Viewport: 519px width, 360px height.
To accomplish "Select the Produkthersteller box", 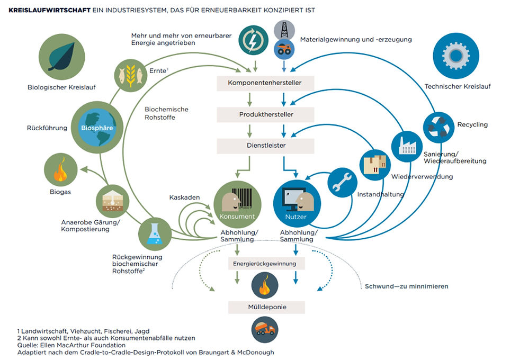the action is pos(265,115).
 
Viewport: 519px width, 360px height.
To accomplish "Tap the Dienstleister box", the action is pos(265,146).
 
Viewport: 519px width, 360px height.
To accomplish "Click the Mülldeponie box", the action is pos(266,307).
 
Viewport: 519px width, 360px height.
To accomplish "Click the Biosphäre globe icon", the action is pos(97,128).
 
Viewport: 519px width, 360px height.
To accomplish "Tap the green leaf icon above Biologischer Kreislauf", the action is pos(62,57).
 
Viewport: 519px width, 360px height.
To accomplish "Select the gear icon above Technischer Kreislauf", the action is pos(456,56).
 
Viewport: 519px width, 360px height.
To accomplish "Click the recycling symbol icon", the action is pos(439,128).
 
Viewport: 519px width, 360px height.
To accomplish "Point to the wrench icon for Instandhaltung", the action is pos(342,183).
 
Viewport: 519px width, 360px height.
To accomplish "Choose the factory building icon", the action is pos(407,147).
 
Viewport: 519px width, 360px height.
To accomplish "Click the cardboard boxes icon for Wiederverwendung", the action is pos(375,165).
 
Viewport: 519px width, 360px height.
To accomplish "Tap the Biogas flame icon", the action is pos(60,170).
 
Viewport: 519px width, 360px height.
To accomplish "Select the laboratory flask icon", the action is pos(155,234).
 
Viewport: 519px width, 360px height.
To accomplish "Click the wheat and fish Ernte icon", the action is pos(131,75).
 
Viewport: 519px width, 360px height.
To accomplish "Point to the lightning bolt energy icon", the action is pos(254,40).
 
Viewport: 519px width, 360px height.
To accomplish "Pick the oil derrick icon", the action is pos(284,30).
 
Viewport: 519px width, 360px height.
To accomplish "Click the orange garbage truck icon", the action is pos(264,329).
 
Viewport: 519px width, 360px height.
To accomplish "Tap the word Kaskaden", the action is pos(184,197).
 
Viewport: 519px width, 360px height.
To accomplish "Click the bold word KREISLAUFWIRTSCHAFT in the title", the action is pos(49,10).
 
